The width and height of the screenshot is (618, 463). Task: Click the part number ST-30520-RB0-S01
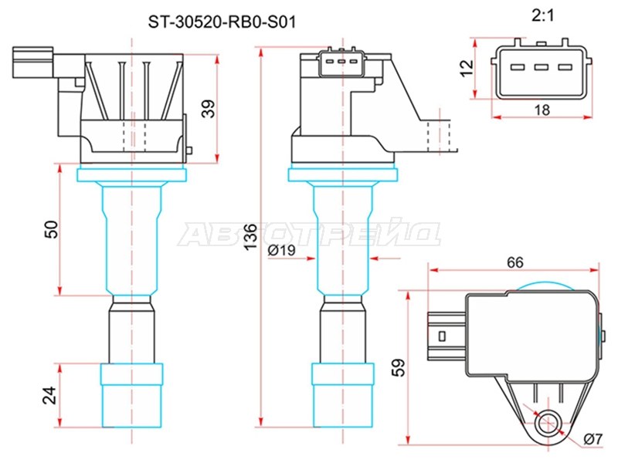click(222, 22)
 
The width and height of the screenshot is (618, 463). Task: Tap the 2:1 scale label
click(543, 15)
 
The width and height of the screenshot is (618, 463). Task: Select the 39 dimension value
click(209, 109)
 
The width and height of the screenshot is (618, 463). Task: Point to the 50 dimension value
click(51, 229)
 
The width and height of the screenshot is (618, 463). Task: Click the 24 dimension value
click(49, 396)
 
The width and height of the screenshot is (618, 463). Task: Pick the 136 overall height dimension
click(250, 236)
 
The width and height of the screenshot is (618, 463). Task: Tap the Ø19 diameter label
click(281, 250)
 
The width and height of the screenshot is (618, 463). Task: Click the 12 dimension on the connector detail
click(467, 68)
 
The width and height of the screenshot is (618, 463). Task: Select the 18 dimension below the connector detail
click(542, 110)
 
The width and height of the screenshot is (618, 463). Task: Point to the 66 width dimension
click(515, 262)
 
